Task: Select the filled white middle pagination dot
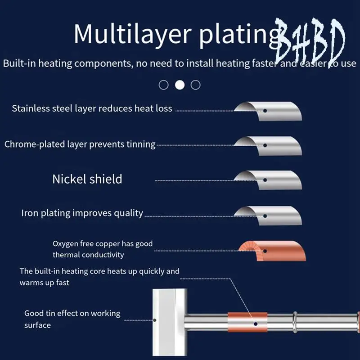pos(180,85)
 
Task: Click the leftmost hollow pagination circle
pos(164,85)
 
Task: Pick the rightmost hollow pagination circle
pos(195,85)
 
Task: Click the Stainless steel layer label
pos(92,108)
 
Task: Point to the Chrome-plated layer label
pos(80,144)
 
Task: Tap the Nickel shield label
pos(87,179)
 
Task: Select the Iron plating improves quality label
pos(82,213)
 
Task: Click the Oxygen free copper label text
pos(103,249)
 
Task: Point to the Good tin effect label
pos(72,319)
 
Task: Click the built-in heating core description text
pos(99,277)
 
